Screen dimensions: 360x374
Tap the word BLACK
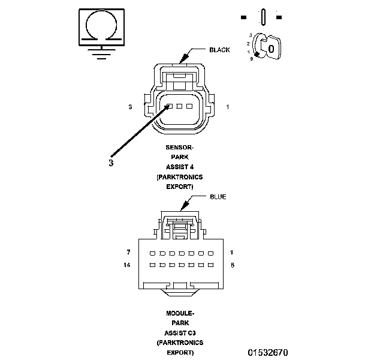(x=219, y=50)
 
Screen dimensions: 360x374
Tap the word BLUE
(x=218, y=197)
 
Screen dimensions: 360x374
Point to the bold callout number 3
(x=111, y=161)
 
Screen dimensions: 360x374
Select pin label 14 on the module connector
(x=128, y=265)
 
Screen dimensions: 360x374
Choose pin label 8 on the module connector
(x=231, y=265)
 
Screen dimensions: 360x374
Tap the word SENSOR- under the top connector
(x=179, y=147)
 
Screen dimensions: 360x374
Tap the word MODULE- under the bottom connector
(x=179, y=313)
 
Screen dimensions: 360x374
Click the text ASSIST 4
(x=179, y=167)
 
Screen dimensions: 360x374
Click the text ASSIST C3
(x=179, y=332)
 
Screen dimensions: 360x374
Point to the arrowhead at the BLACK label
(x=183, y=60)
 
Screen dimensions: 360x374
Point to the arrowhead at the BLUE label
(x=183, y=208)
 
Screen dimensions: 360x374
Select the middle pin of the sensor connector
(x=180, y=106)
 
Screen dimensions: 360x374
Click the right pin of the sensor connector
(x=189, y=106)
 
